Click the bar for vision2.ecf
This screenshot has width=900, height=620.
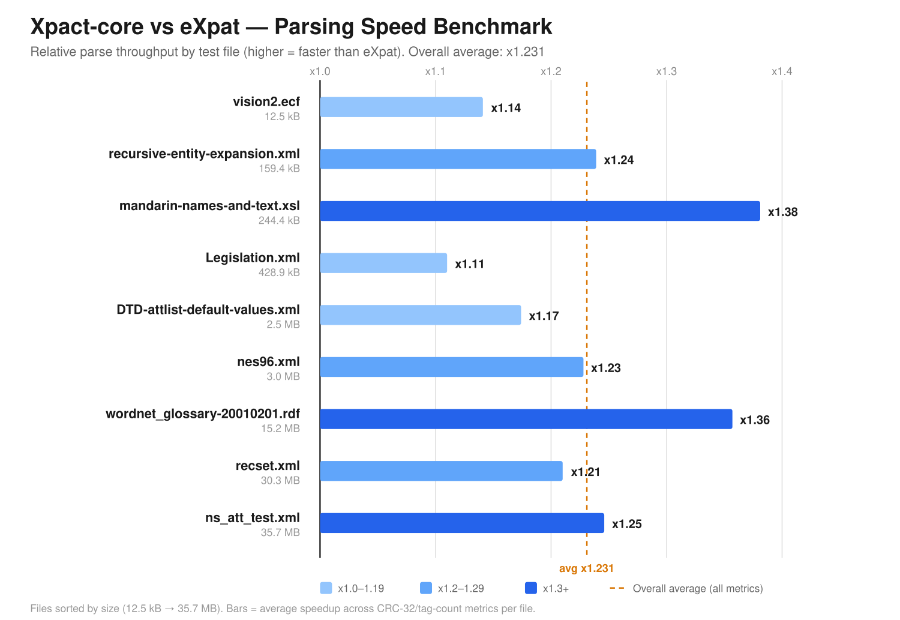click(401, 107)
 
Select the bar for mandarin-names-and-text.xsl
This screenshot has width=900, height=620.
click(540, 211)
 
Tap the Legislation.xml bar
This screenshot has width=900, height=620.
click(383, 263)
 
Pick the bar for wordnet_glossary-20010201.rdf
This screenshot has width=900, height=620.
click(526, 419)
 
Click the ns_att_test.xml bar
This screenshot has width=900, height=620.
click(462, 523)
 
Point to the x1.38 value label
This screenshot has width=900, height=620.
click(782, 212)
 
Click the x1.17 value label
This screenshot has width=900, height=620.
click(544, 316)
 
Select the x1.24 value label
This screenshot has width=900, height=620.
click(619, 160)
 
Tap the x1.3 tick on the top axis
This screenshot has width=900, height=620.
click(667, 71)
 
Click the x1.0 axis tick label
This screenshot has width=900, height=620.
click(320, 71)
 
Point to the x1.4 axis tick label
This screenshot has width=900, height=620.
click(782, 71)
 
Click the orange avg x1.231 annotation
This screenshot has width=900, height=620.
click(586, 568)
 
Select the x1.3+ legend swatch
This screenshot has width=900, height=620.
click(531, 588)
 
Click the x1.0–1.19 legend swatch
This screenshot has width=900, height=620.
click(326, 588)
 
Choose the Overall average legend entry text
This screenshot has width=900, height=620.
click(697, 588)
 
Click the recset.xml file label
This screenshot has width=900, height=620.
click(268, 465)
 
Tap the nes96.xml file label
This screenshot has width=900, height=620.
click(268, 361)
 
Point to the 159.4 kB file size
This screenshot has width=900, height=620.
click(279, 168)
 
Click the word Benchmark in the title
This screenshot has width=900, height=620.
click(493, 26)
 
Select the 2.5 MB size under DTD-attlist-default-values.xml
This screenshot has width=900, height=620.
click(283, 324)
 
